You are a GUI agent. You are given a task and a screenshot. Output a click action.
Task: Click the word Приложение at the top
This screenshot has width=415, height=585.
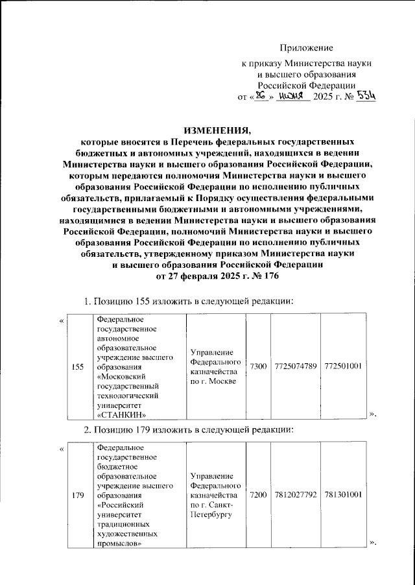(306, 48)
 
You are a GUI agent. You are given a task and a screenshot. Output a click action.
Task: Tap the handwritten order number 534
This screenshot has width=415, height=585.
(366, 96)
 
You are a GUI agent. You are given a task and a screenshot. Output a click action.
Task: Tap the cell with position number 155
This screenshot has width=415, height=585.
(78, 366)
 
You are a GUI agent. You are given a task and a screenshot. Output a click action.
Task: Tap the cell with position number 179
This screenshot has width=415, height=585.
(78, 495)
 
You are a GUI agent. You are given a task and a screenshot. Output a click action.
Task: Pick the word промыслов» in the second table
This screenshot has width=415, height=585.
(119, 543)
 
